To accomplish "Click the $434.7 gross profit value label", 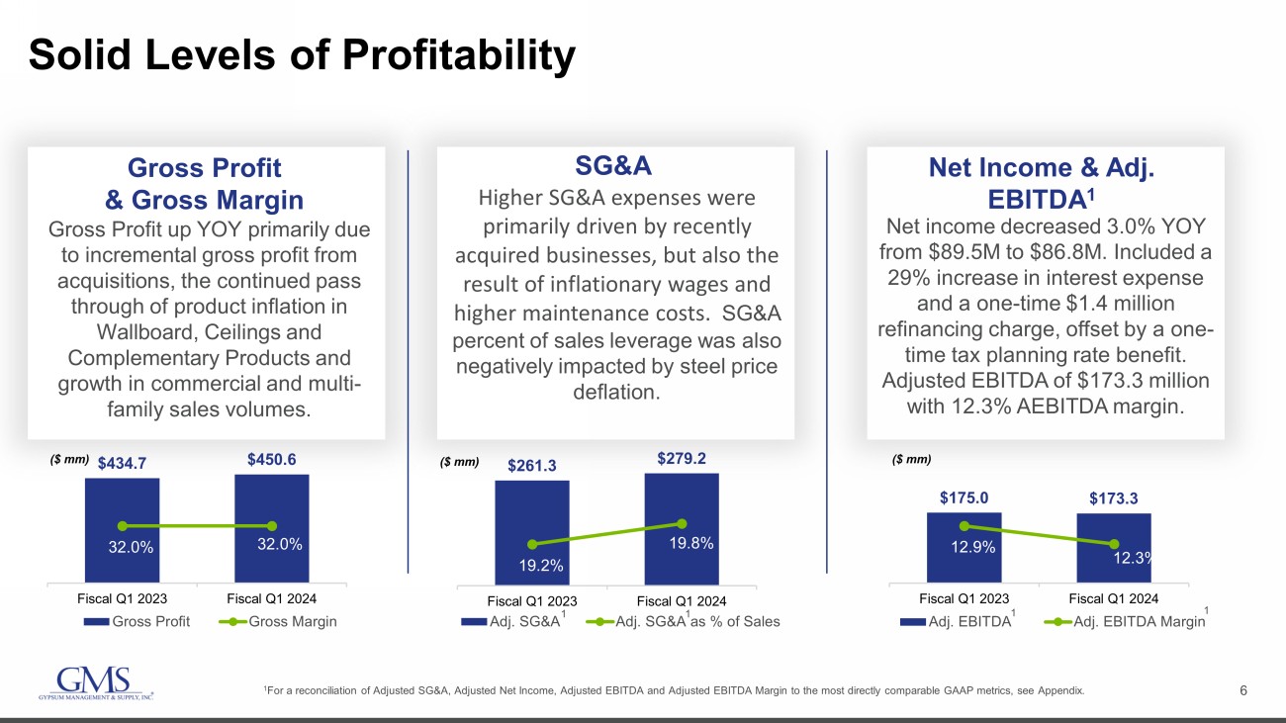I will (x=122, y=462).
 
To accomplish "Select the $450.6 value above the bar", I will (x=271, y=459).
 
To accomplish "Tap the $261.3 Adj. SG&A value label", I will (x=532, y=466).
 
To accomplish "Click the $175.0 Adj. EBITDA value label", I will (x=964, y=497).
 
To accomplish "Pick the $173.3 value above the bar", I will (x=1114, y=498).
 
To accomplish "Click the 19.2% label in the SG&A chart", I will (x=540, y=566).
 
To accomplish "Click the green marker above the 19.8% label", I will (x=682, y=523).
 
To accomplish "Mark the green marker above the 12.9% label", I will (x=964, y=526).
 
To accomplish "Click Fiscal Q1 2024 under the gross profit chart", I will (x=272, y=598).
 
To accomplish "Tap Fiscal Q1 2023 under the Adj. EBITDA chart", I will (x=964, y=598).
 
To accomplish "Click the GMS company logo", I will (x=94, y=683).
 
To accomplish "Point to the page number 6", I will (x=1243, y=690).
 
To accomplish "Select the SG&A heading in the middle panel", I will (x=614, y=164).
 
